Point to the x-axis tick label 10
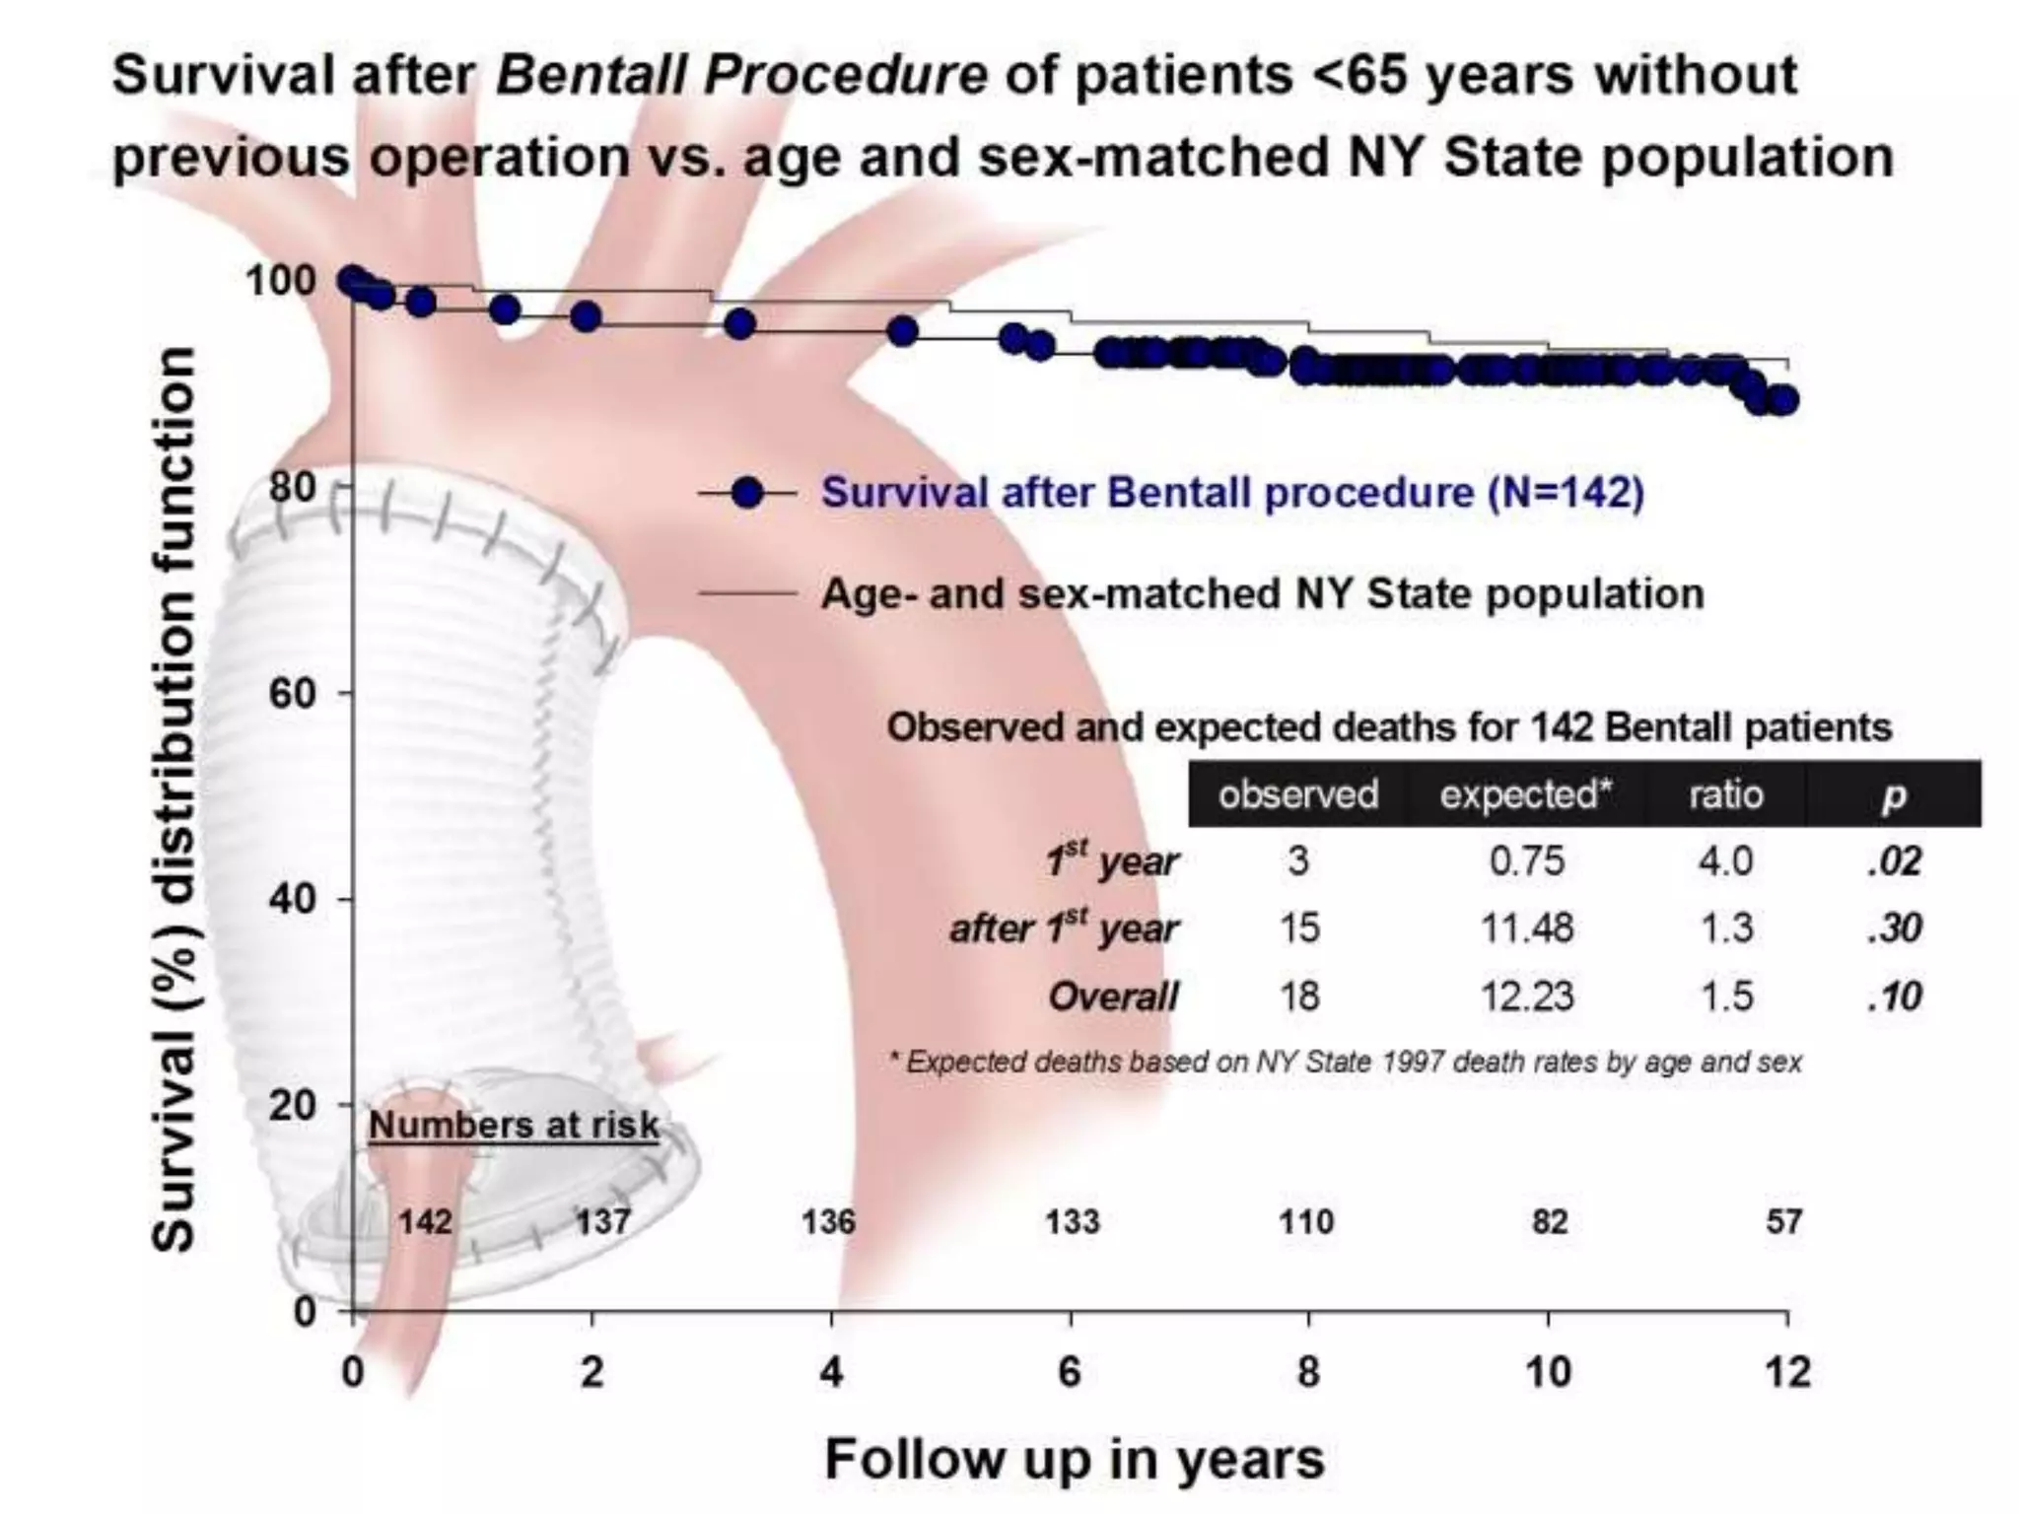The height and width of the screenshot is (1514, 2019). coord(1548,1372)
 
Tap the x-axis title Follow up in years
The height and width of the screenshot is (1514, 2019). coord(1074,1459)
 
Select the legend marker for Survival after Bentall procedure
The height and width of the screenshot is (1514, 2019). coord(748,492)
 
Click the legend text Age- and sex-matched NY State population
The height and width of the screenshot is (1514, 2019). coord(1262,593)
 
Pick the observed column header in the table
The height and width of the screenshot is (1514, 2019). coord(1297,794)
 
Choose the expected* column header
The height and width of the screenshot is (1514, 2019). coord(1525,794)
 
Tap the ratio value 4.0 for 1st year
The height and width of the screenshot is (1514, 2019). coord(1725,861)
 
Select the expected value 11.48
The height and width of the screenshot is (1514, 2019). coord(1526,929)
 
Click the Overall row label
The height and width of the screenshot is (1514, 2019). coord(1113,997)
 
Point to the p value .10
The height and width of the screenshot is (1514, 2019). coord(1894,997)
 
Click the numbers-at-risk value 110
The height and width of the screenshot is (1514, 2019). coord(1306,1222)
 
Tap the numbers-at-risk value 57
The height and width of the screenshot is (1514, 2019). coord(1783,1222)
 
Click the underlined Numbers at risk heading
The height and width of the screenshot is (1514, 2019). coord(514,1125)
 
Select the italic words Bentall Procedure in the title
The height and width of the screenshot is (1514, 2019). coord(740,75)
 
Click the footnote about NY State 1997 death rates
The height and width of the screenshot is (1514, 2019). coord(1346,1062)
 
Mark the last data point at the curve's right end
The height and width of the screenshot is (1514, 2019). coord(1782,400)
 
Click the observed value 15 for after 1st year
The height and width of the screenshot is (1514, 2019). coord(1298,929)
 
